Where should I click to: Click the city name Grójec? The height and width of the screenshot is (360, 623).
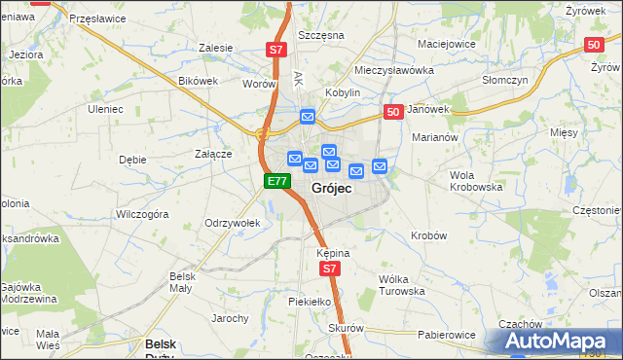click(331, 188)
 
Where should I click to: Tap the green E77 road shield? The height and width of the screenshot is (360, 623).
click(277, 181)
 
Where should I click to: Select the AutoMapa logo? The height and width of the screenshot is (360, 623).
click(562, 341)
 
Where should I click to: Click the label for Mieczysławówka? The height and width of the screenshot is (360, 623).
click(393, 70)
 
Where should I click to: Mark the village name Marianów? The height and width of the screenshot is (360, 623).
click(434, 138)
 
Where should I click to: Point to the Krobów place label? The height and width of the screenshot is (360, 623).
click(428, 235)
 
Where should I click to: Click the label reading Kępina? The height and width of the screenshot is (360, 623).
click(332, 252)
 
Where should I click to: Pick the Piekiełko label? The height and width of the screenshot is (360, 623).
click(311, 302)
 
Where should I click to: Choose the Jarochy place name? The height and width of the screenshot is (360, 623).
click(231, 318)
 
